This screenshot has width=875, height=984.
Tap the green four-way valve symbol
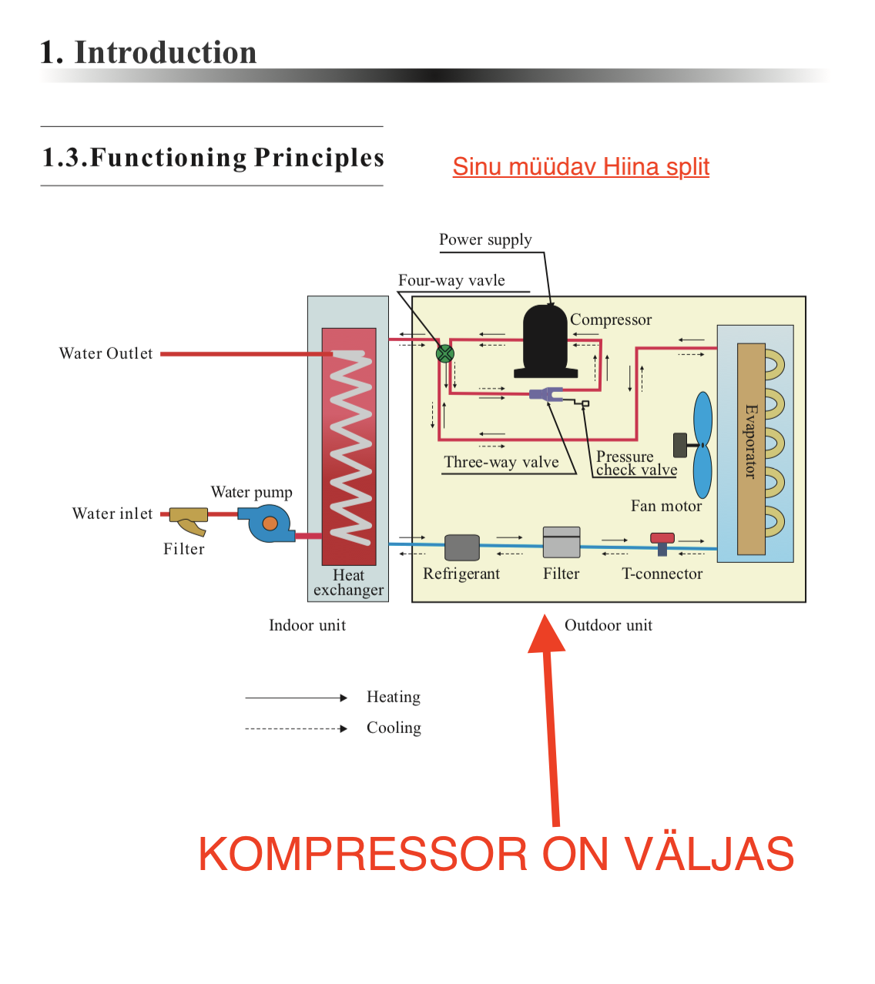coord(445,353)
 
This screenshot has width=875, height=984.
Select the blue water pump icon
coord(269,524)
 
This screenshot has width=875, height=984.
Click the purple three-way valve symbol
coord(545,394)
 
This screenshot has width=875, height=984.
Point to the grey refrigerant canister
coord(462,547)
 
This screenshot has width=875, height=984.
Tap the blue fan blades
coord(702,444)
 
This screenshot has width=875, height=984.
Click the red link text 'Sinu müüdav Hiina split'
coord(581,167)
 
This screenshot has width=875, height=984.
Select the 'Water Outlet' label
coord(106,353)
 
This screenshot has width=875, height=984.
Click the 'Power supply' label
coord(485,239)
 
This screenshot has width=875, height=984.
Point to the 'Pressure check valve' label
coord(636,464)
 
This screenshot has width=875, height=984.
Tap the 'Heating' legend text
coord(394,697)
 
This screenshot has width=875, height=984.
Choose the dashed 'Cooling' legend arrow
coord(296,728)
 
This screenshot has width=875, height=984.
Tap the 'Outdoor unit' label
coord(608,625)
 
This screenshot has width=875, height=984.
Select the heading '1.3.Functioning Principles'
coord(213,157)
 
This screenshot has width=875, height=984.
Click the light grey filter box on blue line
coord(562,543)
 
